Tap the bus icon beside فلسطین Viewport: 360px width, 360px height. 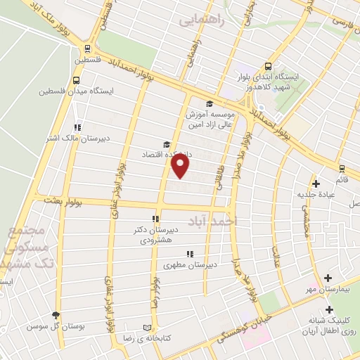pyautogui.click(x=87, y=49)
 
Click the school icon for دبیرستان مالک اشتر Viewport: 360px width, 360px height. pyautogui.click(x=77, y=127)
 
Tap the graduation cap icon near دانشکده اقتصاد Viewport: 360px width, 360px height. pyautogui.click(x=167, y=142)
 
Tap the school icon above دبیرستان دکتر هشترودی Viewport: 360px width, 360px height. pyautogui.click(x=155, y=218)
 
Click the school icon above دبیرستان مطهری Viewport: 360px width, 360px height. pyautogui.click(x=189, y=254)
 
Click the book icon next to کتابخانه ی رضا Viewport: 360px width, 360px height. pyautogui.click(x=147, y=328)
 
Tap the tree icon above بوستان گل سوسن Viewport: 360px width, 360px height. pyautogui.click(x=56, y=316)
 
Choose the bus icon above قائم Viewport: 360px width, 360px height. pyautogui.click(x=342, y=168)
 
